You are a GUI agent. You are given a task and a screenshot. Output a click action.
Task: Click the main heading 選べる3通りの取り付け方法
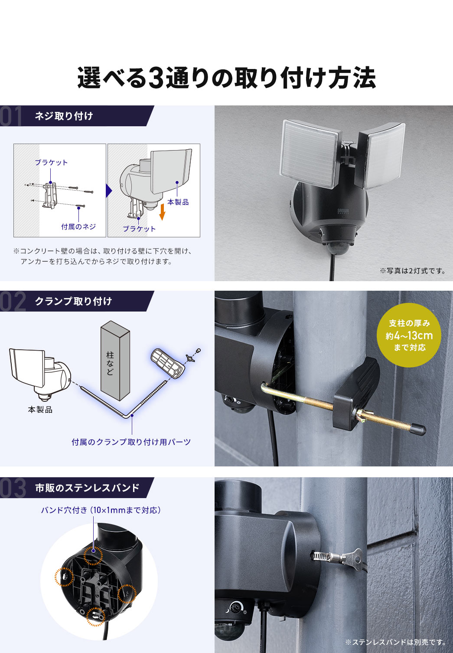226,78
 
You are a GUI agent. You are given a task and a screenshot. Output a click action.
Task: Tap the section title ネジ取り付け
64,116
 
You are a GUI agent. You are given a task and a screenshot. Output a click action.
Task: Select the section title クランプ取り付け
73,301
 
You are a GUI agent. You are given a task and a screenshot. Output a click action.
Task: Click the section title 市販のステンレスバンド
88,488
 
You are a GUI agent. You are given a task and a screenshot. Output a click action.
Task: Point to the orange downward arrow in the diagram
162,212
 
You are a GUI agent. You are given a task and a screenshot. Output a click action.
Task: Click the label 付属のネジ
78,226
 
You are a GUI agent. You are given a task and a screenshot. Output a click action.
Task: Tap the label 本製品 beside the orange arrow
178,202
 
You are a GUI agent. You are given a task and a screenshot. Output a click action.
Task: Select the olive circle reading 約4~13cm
409,335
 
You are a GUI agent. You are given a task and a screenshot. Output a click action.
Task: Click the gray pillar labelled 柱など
115,361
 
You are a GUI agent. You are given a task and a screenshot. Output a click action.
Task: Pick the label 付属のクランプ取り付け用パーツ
131,442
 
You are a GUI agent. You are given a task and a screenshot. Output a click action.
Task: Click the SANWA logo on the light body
343,211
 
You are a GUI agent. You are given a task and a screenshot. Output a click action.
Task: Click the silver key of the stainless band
353,558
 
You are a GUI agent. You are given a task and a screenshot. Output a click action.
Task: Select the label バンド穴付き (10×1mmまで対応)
101,510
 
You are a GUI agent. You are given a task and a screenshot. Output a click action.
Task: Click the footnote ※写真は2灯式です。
413,271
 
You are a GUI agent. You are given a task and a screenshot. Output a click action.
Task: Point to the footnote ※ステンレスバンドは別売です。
396,642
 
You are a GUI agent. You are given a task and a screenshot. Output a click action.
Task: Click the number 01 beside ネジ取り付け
11,116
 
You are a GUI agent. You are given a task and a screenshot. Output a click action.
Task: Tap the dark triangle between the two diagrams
109,190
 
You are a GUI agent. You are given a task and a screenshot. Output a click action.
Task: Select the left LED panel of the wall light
310,154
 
